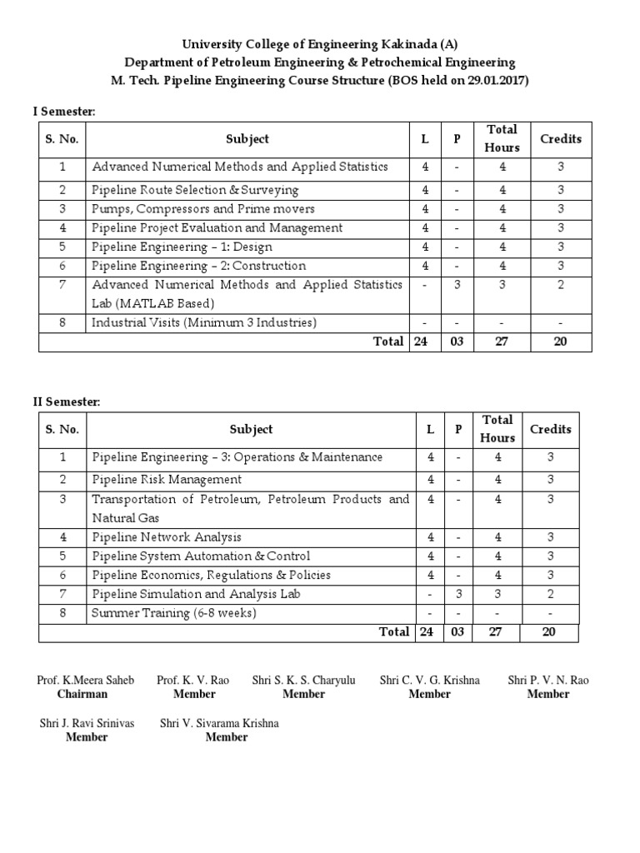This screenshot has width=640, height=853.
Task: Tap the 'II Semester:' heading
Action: (67, 402)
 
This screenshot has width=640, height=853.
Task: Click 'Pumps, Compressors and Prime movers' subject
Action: (203, 209)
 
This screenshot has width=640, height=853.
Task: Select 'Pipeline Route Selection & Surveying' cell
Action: (195, 190)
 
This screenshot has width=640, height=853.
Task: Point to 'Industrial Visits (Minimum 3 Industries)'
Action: (204, 322)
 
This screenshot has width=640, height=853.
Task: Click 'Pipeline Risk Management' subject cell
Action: (167, 480)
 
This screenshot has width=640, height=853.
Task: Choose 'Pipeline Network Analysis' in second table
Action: (167, 537)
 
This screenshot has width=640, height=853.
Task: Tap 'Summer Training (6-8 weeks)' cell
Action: (174, 613)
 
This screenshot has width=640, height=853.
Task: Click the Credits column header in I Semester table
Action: (561, 139)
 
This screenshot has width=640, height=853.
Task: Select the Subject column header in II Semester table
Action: (251, 430)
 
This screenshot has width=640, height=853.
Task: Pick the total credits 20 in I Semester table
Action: (561, 342)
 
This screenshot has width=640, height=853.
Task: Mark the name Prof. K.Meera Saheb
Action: (85, 681)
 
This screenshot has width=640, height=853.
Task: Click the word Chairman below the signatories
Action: (82, 694)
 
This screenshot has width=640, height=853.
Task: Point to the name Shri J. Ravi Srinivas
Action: (87, 723)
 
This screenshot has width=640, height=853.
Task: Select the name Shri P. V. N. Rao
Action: (548, 681)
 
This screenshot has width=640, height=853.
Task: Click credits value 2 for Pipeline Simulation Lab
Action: (548, 595)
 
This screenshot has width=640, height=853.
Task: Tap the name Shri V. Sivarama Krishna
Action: (219, 723)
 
